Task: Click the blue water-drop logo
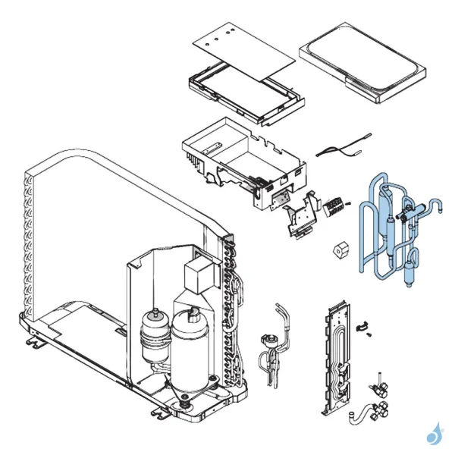pos(433,435)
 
